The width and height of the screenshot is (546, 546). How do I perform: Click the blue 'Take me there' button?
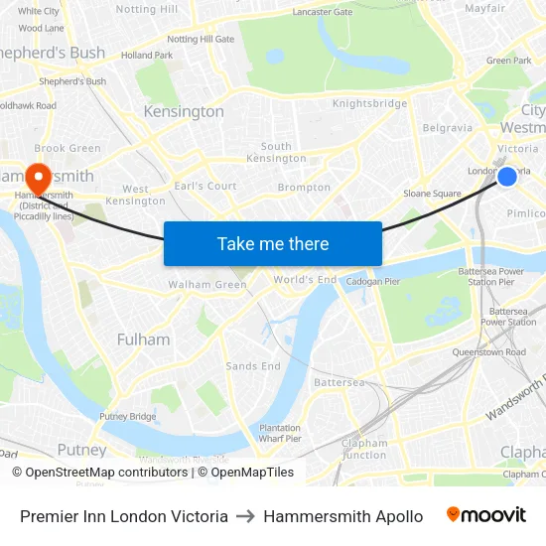273,243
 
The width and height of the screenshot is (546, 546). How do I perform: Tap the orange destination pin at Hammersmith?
39,179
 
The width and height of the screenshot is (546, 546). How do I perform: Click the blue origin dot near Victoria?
506,177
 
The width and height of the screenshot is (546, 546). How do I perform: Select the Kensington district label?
184,112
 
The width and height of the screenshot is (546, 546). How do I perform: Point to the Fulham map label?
143,340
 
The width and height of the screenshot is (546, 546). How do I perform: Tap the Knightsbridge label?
369,103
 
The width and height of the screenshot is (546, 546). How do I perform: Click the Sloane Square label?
432,194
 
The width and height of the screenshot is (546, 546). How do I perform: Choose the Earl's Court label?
205,186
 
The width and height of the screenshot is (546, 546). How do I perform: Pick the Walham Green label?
207,285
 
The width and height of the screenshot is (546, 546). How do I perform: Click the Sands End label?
253,366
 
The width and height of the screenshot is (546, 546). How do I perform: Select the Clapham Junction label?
363,449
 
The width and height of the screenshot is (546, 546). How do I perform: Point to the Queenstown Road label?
488,352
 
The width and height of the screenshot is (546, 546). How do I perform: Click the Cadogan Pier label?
372,282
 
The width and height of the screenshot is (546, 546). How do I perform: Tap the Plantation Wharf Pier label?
280,433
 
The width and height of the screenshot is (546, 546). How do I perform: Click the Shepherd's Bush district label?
53,53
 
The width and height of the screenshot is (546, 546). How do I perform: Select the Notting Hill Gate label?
201,40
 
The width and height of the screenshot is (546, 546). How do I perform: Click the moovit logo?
486,515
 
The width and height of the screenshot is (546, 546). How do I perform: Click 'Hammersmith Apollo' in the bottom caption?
343,516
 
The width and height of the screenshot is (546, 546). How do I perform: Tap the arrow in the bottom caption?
246,516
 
